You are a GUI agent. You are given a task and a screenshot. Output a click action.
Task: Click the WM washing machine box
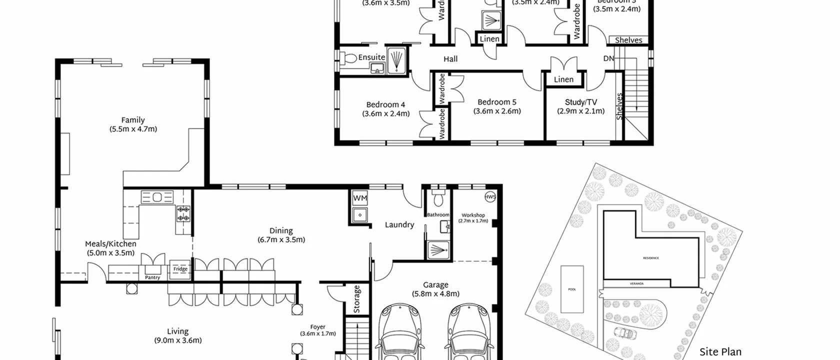[360, 198]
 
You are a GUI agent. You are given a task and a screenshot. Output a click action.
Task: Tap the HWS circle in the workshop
[490, 196]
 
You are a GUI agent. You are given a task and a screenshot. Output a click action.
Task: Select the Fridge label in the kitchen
[180, 269]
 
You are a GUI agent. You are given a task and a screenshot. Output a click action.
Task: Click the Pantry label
[152, 277]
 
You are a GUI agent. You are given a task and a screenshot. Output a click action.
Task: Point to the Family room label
[133, 120]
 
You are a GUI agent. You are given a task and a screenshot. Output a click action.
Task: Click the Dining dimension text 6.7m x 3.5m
[281, 239]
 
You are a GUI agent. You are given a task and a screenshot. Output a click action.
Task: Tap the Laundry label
[399, 225]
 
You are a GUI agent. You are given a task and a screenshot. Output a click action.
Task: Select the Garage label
[435, 285]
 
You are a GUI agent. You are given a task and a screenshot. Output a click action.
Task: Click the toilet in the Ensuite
[349, 58]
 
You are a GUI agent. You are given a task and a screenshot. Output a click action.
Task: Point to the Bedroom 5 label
[497, 102]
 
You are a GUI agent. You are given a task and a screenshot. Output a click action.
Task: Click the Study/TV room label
[581, 102]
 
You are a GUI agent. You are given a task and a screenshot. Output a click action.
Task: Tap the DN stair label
[608, 58]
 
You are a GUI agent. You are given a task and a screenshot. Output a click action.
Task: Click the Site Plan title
[720, 352]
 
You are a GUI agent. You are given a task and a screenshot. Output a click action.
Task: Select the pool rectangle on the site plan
[572, 289]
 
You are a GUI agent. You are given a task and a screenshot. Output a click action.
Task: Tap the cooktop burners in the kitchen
[183, 213]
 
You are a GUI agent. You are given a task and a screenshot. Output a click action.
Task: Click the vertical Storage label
[357, 299]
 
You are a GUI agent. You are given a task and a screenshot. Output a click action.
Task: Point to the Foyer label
[317, 327]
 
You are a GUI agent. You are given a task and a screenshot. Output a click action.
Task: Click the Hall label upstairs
[450, 59]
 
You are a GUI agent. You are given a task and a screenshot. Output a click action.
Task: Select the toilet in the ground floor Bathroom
[439, 199]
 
